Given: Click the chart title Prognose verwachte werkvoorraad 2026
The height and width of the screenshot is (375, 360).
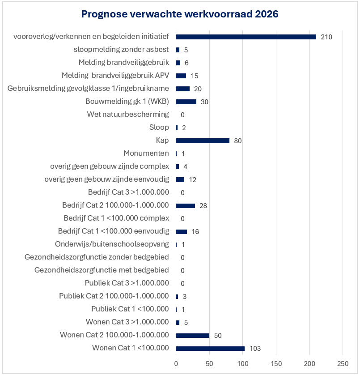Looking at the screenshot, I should pos(180,14).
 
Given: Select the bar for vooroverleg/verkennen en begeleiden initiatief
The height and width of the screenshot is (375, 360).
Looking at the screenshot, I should pos(246,37).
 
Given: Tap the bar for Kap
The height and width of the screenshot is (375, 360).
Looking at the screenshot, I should pos(203,141).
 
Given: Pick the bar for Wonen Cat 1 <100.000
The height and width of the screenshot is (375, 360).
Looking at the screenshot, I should pos(210,348).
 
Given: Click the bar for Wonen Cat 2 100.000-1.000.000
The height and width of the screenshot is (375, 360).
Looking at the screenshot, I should pos(193,335).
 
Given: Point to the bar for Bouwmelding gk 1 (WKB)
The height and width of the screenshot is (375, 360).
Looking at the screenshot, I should pos(186,102).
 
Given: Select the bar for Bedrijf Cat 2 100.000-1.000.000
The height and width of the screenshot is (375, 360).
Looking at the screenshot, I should pos(186,205).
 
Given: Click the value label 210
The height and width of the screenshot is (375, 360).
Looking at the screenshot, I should pos(326,37).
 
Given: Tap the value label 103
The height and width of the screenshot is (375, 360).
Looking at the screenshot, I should pos(255,349).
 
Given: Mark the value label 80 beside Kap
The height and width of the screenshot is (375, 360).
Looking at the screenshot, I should pos(238,141).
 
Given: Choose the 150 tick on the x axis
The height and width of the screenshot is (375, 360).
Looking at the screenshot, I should pos(276,362).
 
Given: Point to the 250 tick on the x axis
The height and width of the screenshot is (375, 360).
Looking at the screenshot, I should pos(343,362).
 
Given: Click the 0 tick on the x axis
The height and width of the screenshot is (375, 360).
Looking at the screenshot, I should pos(176,362).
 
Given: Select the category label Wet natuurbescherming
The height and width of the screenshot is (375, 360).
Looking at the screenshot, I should pos(128,115).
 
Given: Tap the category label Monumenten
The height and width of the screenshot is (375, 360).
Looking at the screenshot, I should pos(146,153).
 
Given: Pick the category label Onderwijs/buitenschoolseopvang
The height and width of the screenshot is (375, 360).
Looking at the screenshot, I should pos(112,244).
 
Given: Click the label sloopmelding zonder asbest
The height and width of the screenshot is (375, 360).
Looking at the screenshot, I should pos(121,50).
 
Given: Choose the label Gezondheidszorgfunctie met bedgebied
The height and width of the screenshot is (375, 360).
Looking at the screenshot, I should pos(102,270).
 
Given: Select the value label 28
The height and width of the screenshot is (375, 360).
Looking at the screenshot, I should pos(203,206).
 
